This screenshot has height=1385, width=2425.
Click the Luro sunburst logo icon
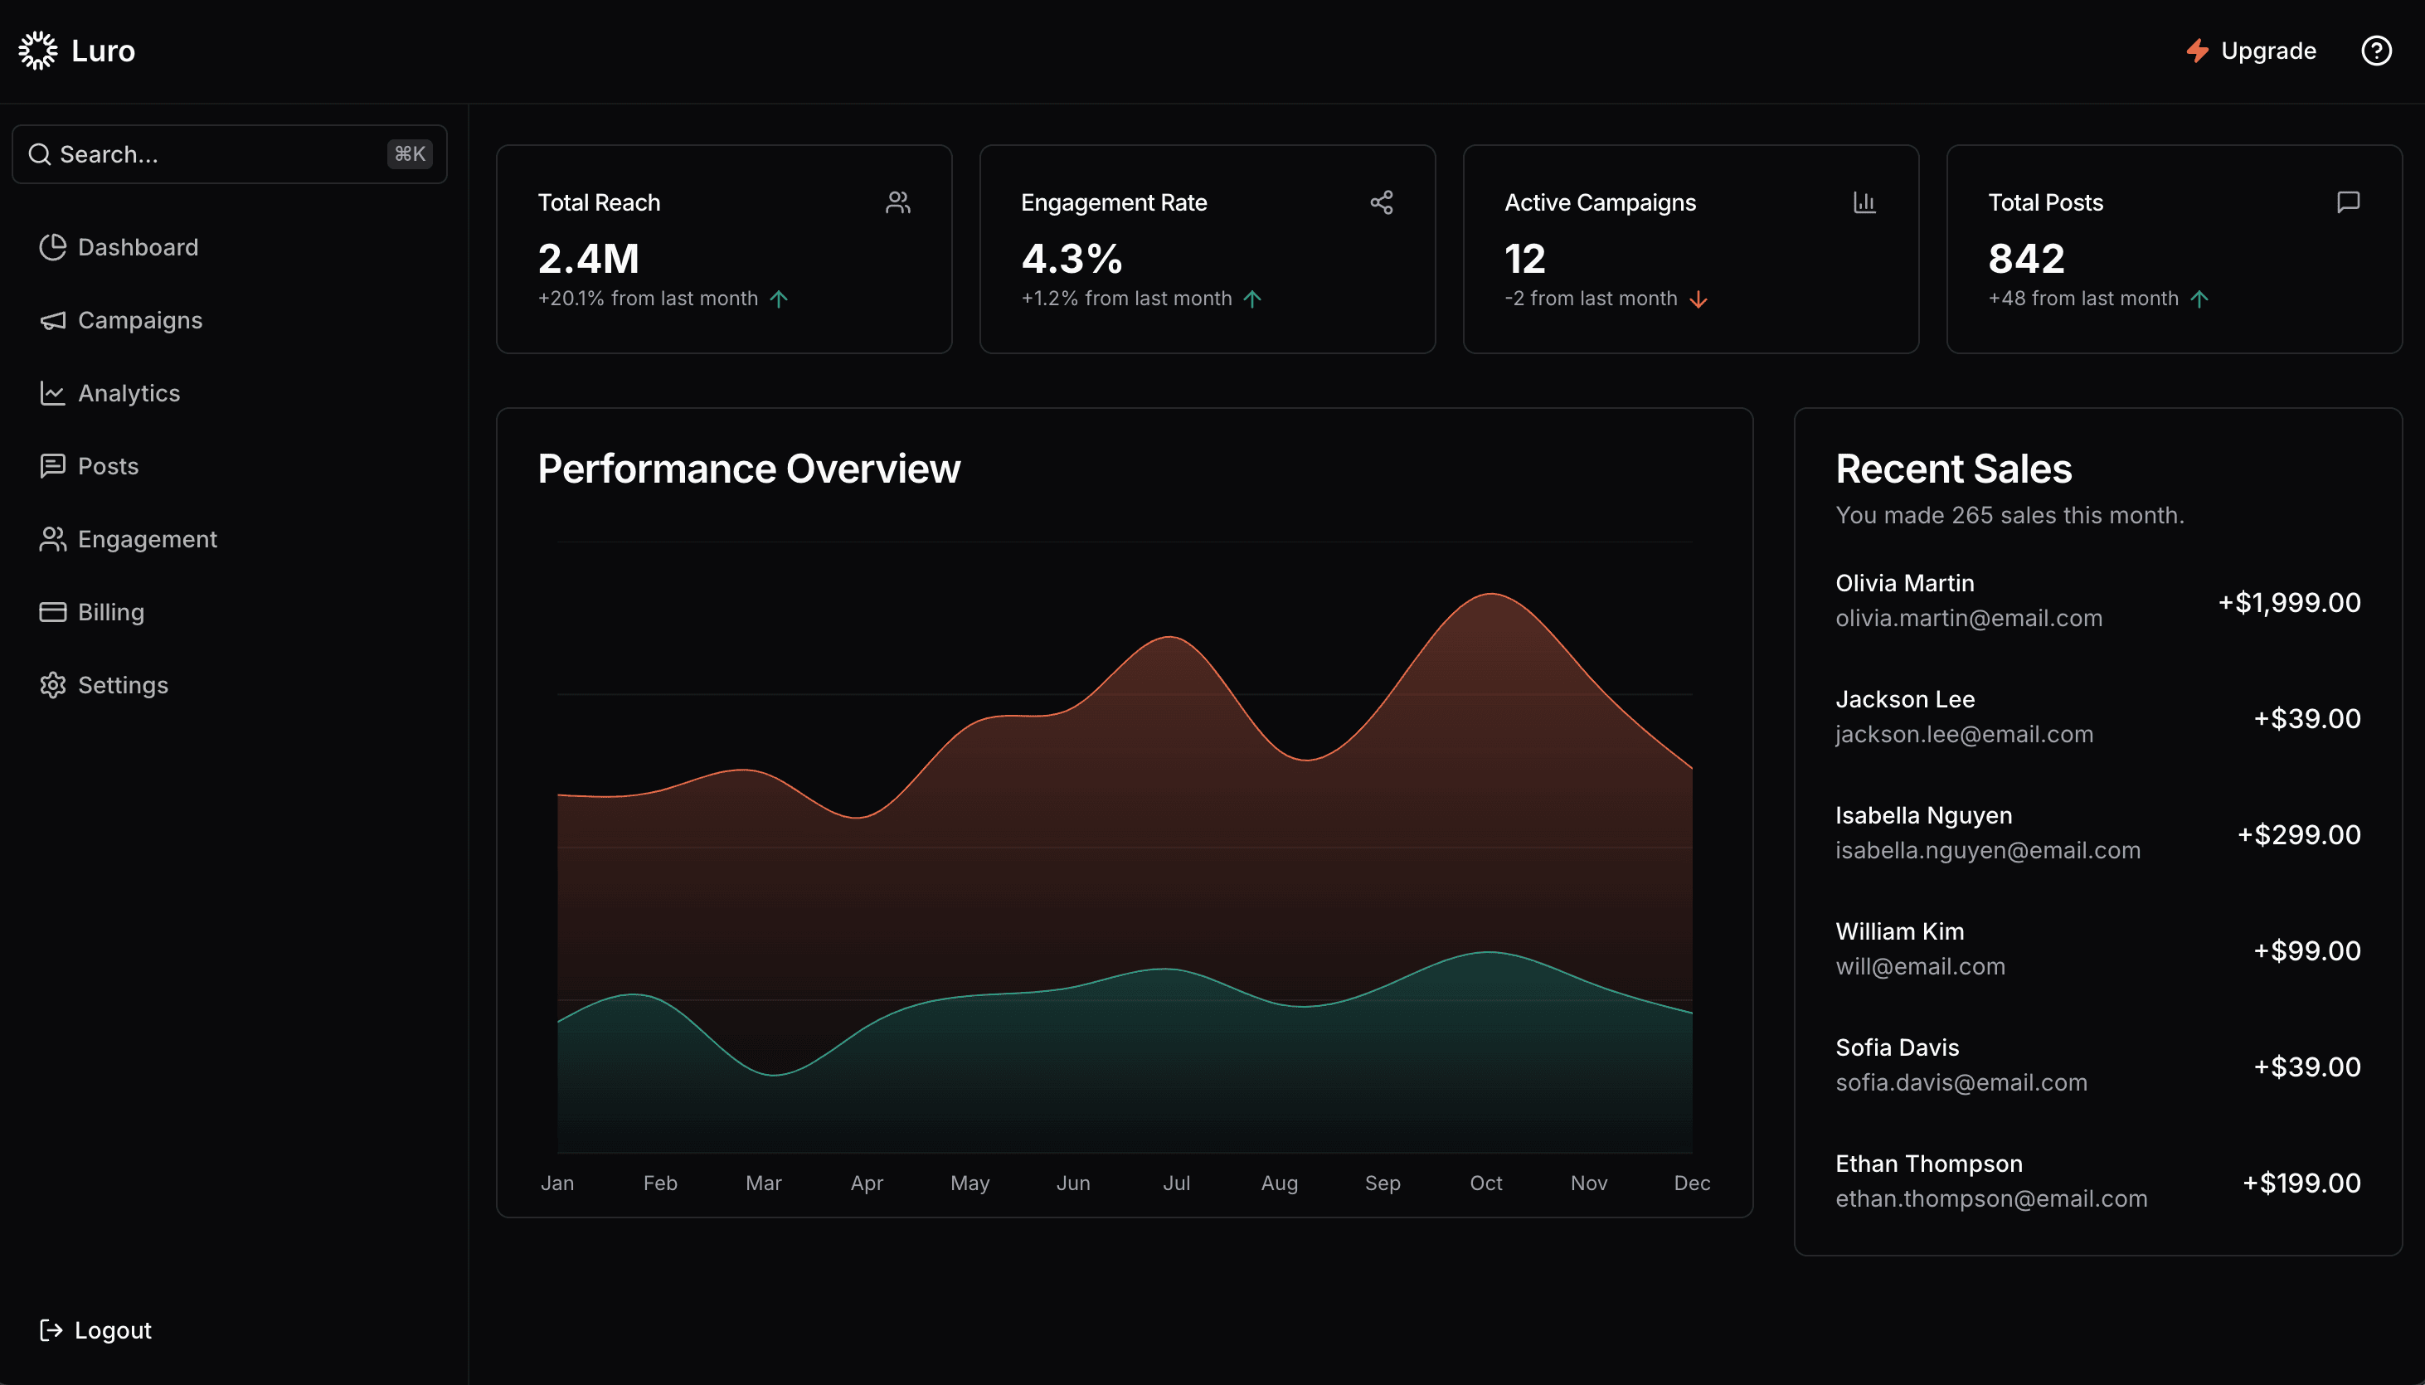tap(38, 51)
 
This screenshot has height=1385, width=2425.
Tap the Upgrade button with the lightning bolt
tap(2250, 51)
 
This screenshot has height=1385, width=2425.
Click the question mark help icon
tap(2375, 51)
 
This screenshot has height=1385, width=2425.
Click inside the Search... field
tap(209, 154)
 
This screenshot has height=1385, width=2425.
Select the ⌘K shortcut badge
tap(410, 154)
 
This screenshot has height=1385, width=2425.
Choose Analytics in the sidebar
tap(129, 393)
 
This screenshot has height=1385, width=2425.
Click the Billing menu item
tap(110, 612)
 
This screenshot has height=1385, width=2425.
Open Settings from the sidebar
tap(122, 685)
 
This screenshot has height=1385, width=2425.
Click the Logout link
tap(112, 1329)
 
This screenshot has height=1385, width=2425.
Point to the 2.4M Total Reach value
tap(588, 259)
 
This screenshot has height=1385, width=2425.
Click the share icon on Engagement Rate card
tap(1381, 202)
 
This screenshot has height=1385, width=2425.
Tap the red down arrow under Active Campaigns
tap(1698, 299)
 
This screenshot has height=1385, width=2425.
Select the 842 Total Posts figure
tap(2025, 259)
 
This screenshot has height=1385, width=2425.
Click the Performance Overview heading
tap(748, 469)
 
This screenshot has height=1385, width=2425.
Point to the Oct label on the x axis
tap(1485, 1183)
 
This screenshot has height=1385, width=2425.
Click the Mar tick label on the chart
tap(763, 1183)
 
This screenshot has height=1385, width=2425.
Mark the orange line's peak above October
tap(1490, 594)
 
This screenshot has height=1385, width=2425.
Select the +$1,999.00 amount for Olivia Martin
tap(2288, 602)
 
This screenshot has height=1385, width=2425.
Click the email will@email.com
tap(1919, 966)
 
